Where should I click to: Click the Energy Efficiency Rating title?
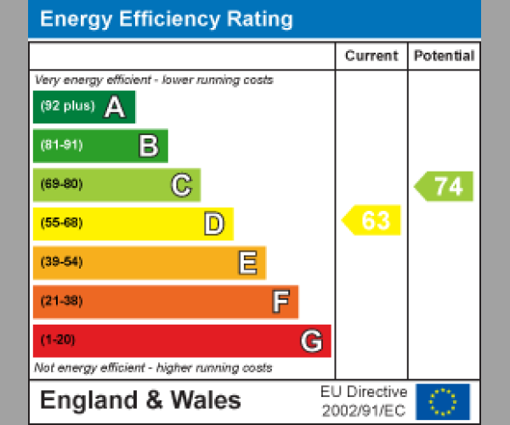coord(167,19)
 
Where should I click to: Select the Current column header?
coord(371,56)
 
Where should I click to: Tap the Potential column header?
coord(444,56)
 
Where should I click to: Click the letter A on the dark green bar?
coord(114,107)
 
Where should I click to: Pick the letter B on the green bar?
coord(148,146)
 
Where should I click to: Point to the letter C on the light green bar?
coord(181,184)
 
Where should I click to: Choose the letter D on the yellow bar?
coord(213,224)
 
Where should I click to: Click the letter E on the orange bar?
coord(246,263)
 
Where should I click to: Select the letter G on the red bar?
coord(311,341)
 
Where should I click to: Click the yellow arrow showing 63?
coord(372,220)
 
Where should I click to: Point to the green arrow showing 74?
coord(445,186)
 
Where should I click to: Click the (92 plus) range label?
coord(67,107)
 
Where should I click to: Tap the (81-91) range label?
coord(61,145)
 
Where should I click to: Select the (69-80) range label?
coord(61,184)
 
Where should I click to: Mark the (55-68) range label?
coord(61,224)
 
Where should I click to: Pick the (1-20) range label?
coord(58,340)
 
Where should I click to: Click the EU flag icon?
coord(443,401)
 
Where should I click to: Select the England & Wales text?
coord(140,400)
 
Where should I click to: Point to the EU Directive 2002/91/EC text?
coord(364,401)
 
